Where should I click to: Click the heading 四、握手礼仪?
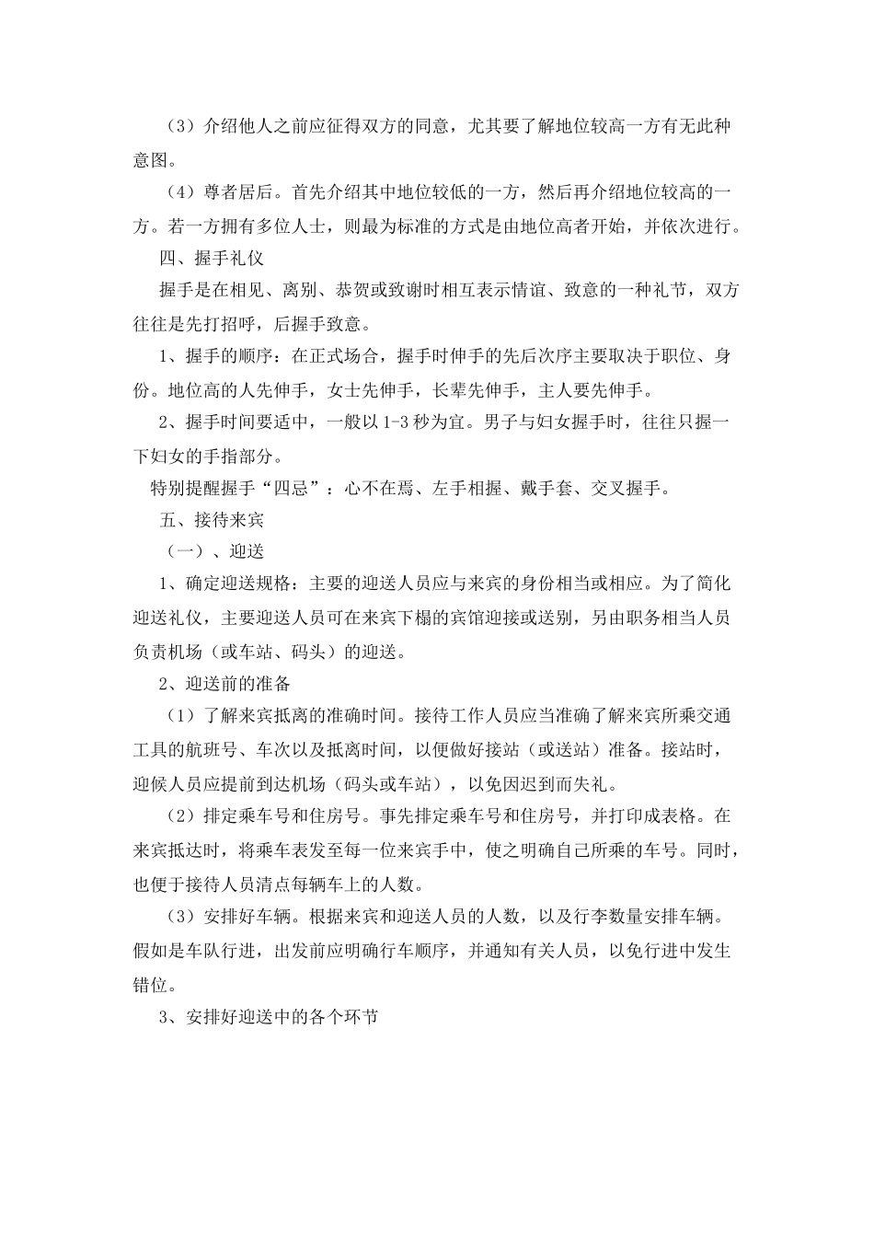tap(212, 259)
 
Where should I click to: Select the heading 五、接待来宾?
tap(212, 520)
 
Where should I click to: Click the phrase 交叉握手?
tap(625, 488)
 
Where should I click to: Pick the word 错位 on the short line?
tap(151, 983)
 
